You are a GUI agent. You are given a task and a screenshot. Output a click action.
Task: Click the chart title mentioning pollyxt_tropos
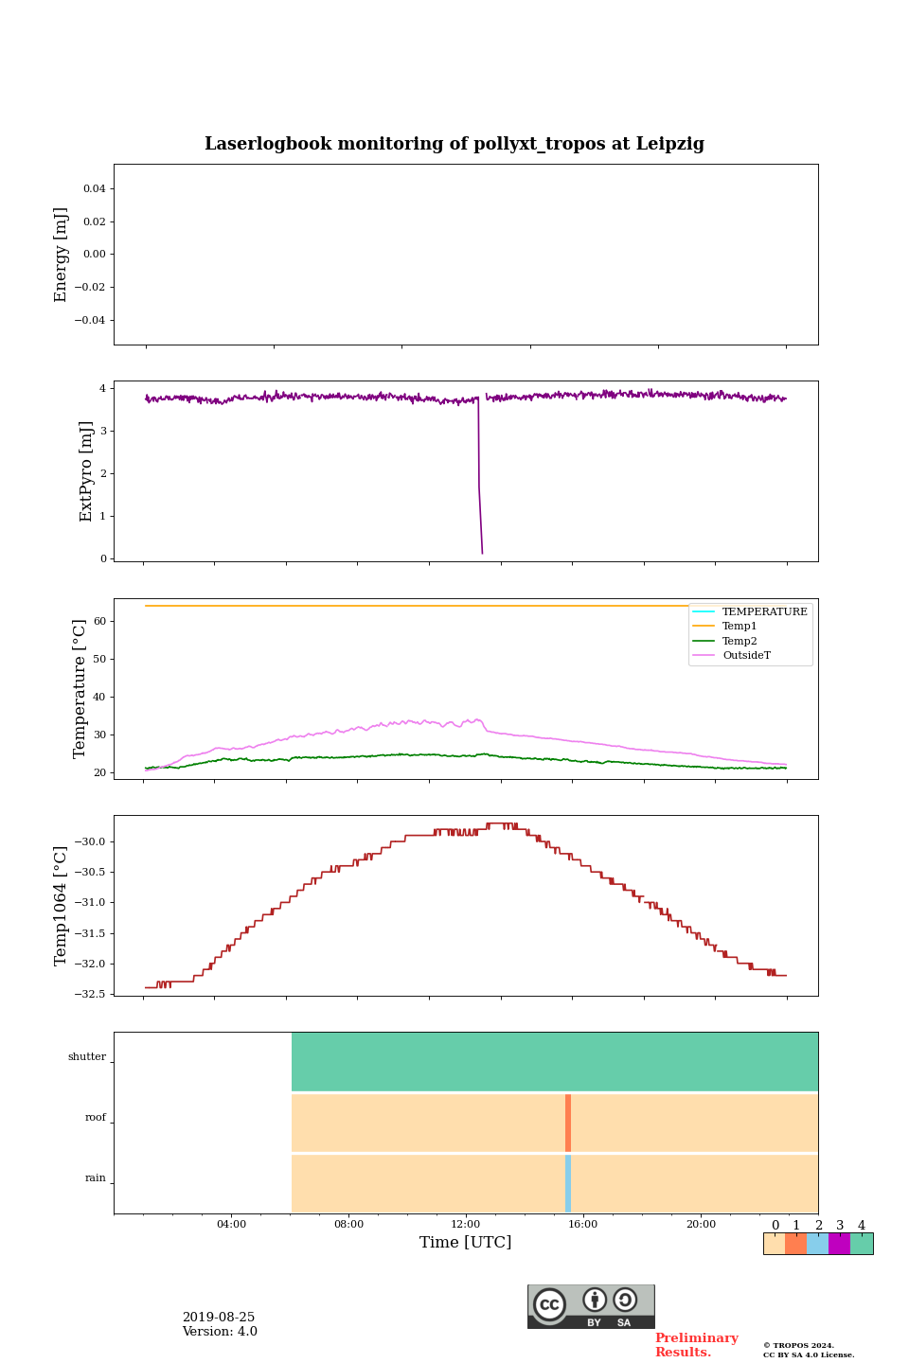[454, 144]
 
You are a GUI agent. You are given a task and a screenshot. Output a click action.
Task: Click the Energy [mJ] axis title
[61, 255]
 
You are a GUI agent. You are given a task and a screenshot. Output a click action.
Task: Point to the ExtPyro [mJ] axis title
[86, 471]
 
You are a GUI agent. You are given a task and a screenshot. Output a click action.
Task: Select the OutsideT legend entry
[746, 656]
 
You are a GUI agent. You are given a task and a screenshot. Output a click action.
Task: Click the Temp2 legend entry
[740, 642]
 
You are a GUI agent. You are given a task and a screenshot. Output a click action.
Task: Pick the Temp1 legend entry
[740, 627]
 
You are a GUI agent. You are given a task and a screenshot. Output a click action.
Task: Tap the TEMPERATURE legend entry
[764, 612]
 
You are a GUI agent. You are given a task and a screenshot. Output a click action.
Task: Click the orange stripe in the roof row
[568, 1123]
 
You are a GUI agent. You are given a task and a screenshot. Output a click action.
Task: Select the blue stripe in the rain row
[568, 1183]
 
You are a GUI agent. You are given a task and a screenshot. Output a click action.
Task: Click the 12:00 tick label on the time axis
[466, 1225]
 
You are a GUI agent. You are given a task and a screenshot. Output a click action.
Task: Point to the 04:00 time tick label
[231, 1225]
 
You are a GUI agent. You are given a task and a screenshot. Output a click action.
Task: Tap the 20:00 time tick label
[701, 1225]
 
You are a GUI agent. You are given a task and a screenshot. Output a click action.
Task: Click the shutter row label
[87, 1057]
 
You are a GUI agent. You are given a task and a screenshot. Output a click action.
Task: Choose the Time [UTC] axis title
[466, 1243]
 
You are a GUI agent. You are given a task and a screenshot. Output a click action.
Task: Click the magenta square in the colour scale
[839, 1244]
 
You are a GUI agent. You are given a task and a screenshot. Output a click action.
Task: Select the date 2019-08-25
[219, 1318]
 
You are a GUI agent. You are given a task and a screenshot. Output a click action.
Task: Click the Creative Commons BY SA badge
[591, 1306]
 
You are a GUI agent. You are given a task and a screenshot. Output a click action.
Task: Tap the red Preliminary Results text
[696, 1345]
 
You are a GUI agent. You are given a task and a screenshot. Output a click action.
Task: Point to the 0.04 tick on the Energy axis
[94, 189]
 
